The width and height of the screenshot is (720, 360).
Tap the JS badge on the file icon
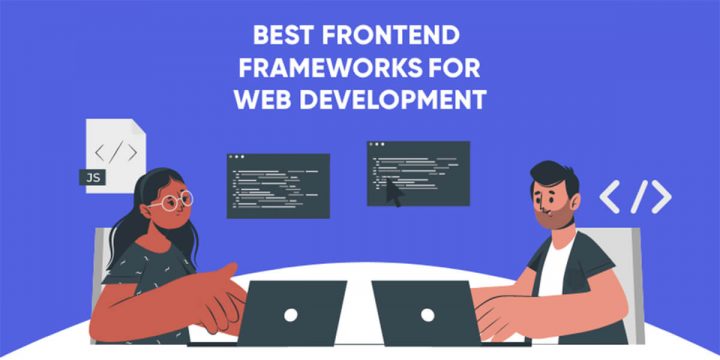pos(92,178)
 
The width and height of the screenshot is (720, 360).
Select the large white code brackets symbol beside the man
pos(635,197)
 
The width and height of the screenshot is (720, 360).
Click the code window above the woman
pos(278,185)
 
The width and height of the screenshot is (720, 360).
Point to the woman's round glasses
pos(171,202)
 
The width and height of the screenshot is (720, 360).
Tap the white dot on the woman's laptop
pos(289,313)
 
